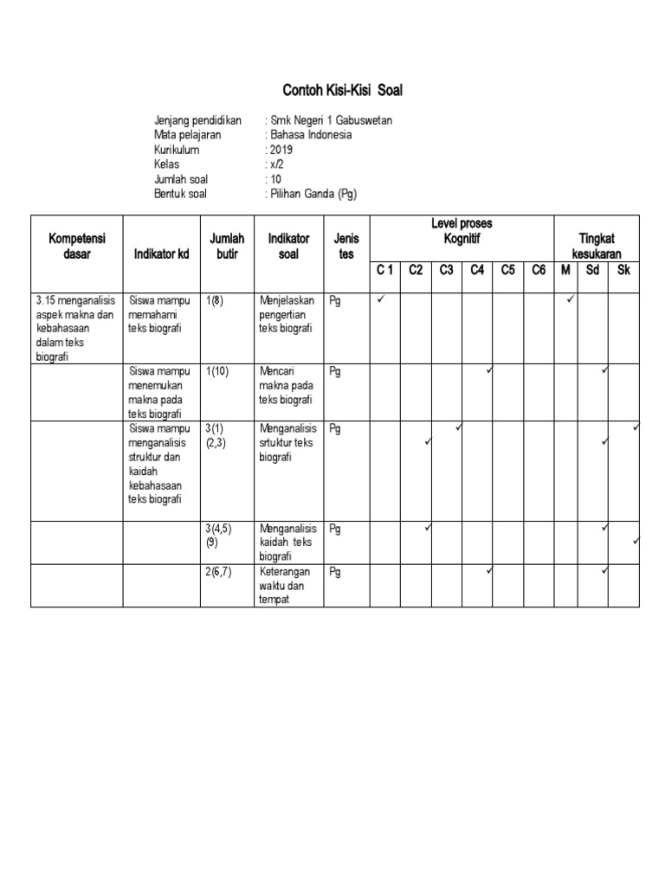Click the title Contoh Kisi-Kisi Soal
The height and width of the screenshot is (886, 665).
(x=343, y=90)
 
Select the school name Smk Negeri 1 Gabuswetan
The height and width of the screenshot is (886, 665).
(x=324, y=120)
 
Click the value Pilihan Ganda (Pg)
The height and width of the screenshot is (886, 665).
(x=312, y=194)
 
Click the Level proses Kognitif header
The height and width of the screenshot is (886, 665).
(x=462, y=230)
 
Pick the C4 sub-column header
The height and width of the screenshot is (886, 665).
(x=477, y=271)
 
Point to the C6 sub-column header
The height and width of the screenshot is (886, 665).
(x=539, y=271)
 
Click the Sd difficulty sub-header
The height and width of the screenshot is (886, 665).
(x=593, y=271)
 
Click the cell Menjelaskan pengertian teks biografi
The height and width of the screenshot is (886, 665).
(x=288, y=315)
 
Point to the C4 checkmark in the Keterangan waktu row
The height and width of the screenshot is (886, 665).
(x=489, y=570)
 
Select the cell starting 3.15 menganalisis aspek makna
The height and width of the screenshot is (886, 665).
(x=75, y=328)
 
